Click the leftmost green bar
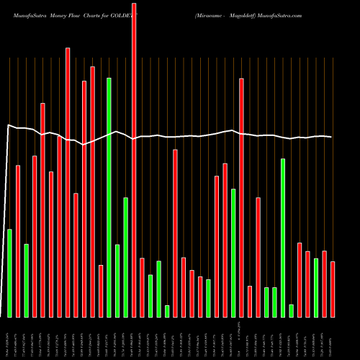tap(9, 273)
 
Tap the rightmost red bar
tap(333, 289)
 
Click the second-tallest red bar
tap(68, 182)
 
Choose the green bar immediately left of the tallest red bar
tap(125, 257)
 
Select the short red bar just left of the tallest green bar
tap(101, 291)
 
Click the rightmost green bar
tap(316, 287)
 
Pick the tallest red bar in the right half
tap(241, 197)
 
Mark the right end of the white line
tap(332, 137)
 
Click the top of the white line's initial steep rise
tap(8, 126)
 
